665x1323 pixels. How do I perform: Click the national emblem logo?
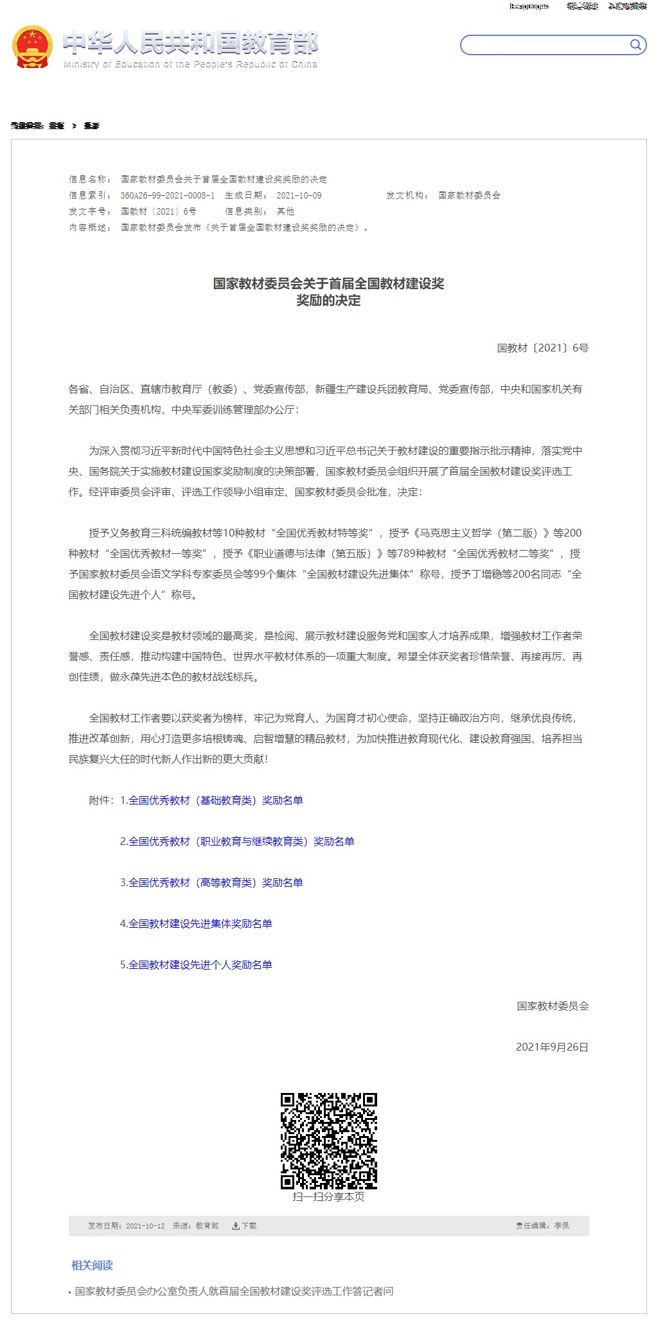click(32, 46)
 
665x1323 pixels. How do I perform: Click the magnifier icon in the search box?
click(635, 44)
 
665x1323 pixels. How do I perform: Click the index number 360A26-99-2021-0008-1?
click(168, 195)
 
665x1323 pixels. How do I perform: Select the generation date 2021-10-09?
click(299, 195)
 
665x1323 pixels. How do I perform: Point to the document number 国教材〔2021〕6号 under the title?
click(542, 348)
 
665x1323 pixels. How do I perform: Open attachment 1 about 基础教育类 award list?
click(215, 800)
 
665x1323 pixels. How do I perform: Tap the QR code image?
click(328, 1141)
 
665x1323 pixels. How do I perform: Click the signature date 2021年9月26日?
click(552, 1047)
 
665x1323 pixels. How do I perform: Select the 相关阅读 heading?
click(92, 1265)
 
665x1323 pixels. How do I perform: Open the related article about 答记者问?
click(234, 1291)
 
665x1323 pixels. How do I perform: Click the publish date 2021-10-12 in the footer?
click(145, 1225)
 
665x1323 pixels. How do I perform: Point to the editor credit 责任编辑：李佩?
click(542, 1225)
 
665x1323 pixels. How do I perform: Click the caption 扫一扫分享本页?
click(328, 1196)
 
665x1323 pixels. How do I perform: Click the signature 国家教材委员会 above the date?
click(553, 1006)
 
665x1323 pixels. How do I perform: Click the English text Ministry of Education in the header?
click(190, 64)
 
